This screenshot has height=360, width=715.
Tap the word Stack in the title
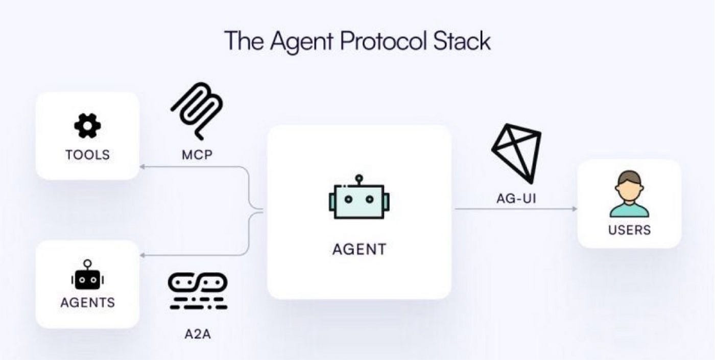(462, 40)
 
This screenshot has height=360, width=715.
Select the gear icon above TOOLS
(87, 125)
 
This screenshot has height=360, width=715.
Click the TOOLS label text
(87, 154)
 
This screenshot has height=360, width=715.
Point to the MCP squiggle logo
(197, 109)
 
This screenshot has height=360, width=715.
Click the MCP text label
(197, 155)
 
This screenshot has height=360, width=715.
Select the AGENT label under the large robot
(359, 249)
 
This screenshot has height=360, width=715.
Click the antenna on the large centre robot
(359, 179)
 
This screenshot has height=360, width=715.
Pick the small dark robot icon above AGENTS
(87, 275)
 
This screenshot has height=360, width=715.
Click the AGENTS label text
(87, 302)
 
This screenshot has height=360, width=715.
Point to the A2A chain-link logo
(198, 291)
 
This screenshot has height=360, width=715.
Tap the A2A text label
(197, 335)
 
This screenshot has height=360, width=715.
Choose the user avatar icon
(629, 194)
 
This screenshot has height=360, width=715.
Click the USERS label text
(629, 230)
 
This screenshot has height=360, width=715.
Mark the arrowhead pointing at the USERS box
(574, 209)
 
